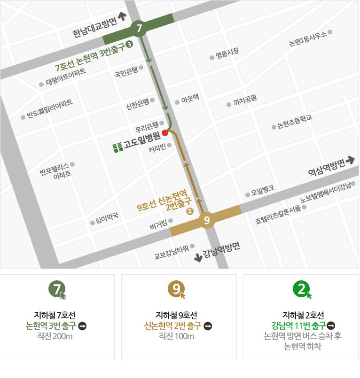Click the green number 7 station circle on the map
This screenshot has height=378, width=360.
point(139,29)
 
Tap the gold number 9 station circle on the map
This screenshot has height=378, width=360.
point(207,219)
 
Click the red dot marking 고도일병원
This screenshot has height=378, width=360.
point(165,133)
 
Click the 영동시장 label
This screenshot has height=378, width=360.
point(227,54)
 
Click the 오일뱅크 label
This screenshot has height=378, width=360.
point(262,191)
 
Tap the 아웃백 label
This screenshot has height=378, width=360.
point(190,99)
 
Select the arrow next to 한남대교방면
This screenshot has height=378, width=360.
point(123,16)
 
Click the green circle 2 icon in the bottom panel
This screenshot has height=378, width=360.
point(300,288)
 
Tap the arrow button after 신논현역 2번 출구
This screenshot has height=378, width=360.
point(208,325)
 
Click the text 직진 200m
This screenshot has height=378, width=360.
point(56,336)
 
